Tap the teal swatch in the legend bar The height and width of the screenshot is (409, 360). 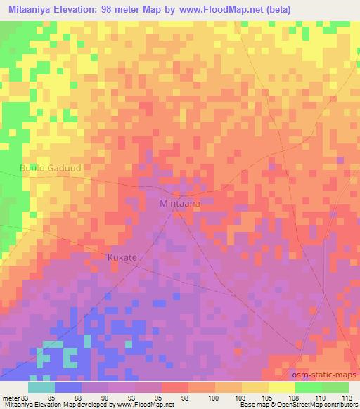click(41, 387)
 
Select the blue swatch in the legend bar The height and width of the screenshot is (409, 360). click(67, 387)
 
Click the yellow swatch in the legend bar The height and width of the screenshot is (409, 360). click(281, 387)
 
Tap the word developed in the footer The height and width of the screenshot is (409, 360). click(84, 405)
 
